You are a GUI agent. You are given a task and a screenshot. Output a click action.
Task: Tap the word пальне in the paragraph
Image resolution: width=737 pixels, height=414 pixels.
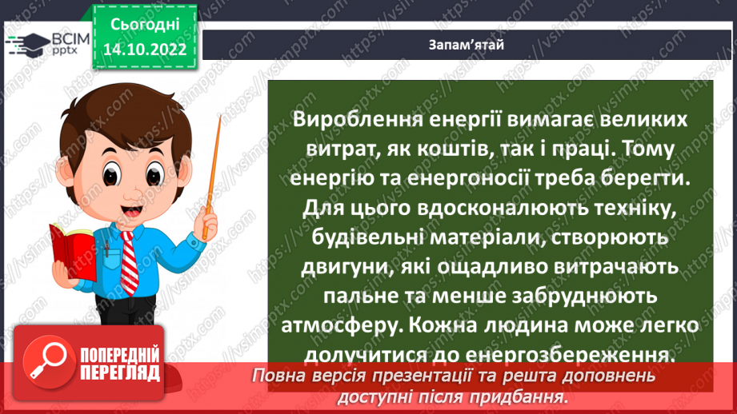(x=358, y=297)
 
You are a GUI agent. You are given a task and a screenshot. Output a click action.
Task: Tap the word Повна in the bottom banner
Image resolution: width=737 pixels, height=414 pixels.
(x=281, y=376)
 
